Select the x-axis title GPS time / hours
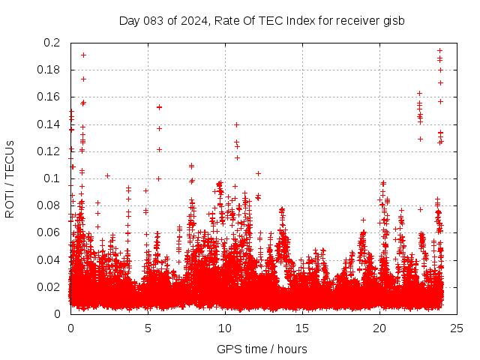pyautogui.click(x=262, y=349)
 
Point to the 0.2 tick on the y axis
pyautogui.click(x=52, y=43)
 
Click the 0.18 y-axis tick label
pyautogui.click(x=49, y=70)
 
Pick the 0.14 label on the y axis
pyautogui.click(x=49, y=124)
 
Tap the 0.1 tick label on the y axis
pyautogui.click(x=52, y=178)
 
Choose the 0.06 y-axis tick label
pyautogui.click(x=49, y=232)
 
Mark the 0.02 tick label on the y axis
pyautogui.click(x=49, y=286)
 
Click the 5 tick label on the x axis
pyautogui.click(x=148, y=328)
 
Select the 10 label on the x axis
pyautogui.click(x=225, y=328)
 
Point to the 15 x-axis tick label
pyautogui.click(x=302, y=328)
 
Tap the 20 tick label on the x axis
pyautogui.click(x=379, y=328)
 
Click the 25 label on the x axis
pyautogui.click(x=457, y=328)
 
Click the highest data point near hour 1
pyautogui.click(x=83, y=55)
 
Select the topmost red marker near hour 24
pyautogui.click(x=439, y=51)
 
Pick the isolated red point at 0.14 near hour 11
pyautogui.click(x=236, y=124)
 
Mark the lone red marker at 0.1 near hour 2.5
pyautogui.click(x=107, y=175)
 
